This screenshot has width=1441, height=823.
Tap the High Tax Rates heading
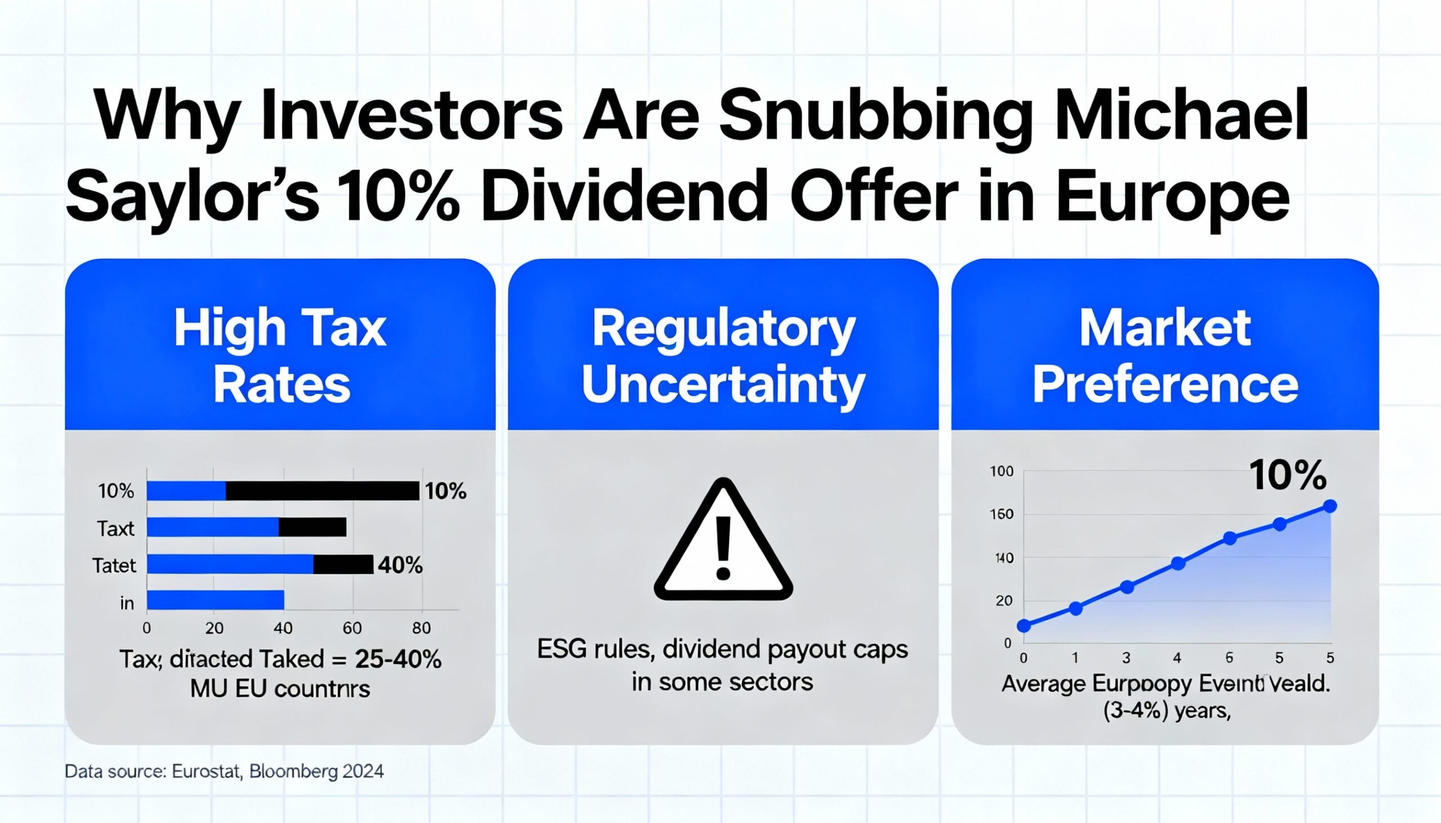[280, 356]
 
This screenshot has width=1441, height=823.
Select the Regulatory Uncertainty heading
[723, 356]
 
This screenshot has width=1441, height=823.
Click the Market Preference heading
[1165, 356]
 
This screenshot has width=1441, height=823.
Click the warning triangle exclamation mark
[723, 549]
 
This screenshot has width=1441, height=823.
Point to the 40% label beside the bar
[400, 565]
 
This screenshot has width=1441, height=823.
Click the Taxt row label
[115, 528]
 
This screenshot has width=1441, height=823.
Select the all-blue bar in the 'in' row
[216, 600]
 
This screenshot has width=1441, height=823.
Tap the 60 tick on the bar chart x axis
[352, 628]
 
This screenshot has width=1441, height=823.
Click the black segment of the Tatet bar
[343, 564]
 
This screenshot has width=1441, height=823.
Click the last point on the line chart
[1330, 506]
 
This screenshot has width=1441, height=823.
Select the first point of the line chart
[1024, 625]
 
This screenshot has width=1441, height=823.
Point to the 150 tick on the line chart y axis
[1001, 514]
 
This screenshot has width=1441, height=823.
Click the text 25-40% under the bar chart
[398, 659]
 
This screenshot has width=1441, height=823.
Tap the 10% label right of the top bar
[446, 491]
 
